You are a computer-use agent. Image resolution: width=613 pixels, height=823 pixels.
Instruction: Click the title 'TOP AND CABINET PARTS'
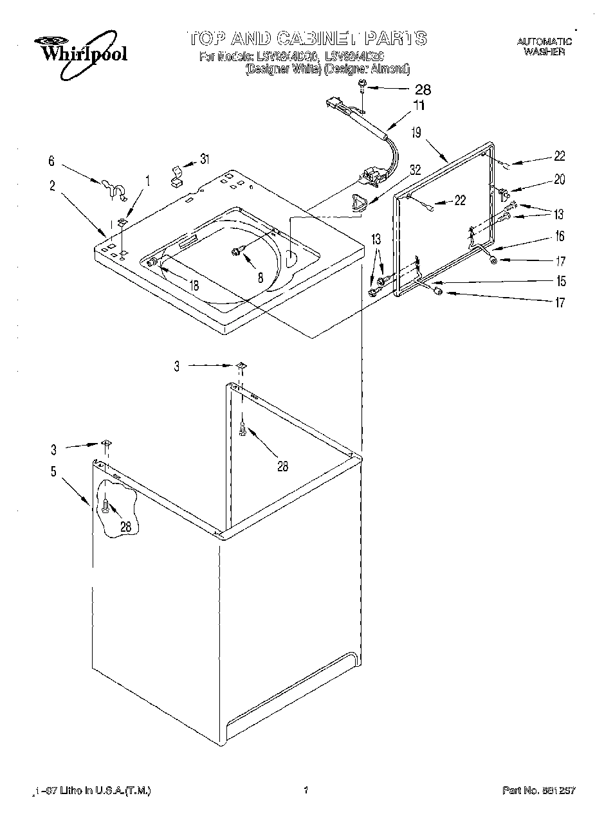point(307,38)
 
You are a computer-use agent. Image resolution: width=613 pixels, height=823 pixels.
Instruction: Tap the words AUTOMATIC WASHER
point(544,46)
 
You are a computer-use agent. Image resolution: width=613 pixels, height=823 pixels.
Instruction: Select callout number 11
point(419,105)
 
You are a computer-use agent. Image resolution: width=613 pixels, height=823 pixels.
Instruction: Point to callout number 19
point(417,132)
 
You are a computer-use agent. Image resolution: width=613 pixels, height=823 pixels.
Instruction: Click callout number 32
point(416,170)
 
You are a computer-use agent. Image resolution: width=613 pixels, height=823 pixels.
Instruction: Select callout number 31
point(205,159)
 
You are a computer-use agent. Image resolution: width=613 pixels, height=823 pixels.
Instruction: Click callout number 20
point(560,179)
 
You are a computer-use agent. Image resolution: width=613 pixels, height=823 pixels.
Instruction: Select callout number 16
point(560,236)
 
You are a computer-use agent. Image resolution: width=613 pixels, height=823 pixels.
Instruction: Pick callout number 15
point(561,281)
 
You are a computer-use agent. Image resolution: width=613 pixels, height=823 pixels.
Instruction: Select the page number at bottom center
point(307,791)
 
